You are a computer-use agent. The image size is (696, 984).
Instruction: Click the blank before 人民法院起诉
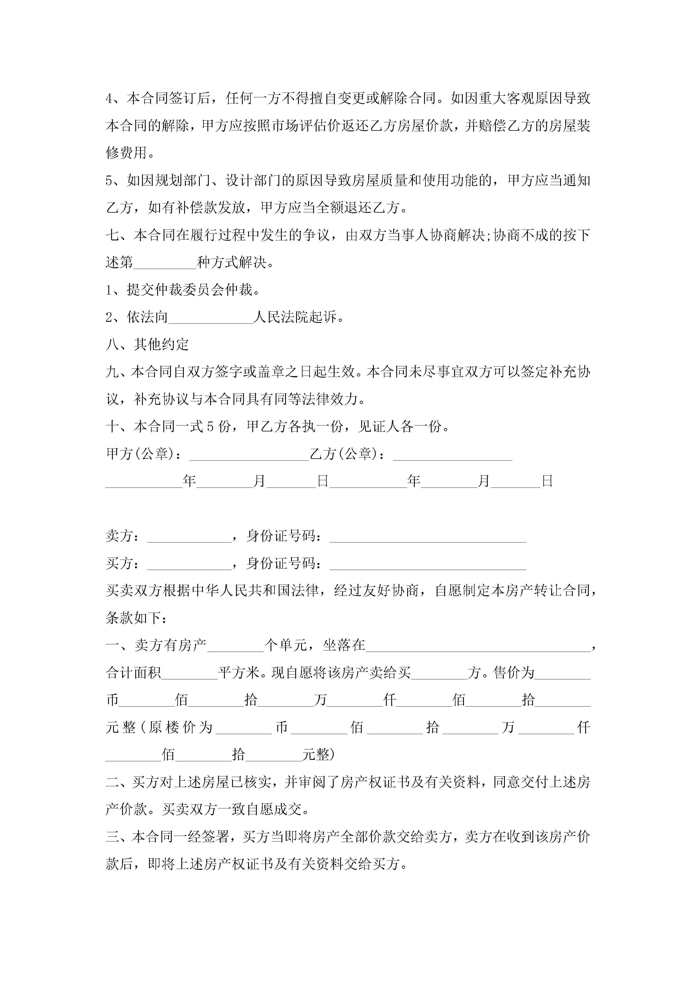point(210,318)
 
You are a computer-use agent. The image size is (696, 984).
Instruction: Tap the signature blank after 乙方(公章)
point(452,454)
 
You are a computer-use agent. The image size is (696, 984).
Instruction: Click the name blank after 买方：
point(189,564)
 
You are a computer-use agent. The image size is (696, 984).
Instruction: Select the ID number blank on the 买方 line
point(427,564)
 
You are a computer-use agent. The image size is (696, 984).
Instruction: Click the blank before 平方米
point(189,673)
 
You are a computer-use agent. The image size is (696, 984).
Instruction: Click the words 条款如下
point(133,618)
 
